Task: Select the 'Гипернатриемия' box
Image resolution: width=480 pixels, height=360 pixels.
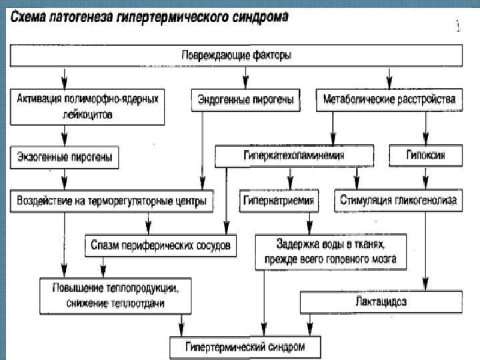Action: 279,199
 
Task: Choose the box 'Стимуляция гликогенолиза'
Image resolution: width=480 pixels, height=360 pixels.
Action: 399,199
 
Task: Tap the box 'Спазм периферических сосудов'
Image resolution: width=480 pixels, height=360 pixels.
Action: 160,245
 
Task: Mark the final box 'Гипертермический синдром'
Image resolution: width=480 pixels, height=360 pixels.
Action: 245,347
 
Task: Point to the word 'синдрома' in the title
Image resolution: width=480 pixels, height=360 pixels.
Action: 256,18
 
